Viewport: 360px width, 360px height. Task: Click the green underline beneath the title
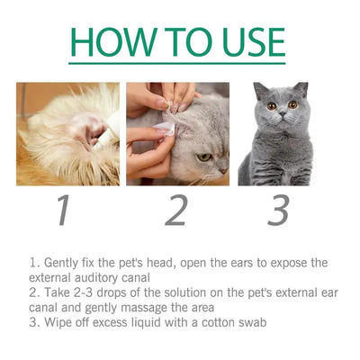179,64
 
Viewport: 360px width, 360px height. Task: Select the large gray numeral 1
62,211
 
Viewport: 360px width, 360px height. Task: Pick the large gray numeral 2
176,211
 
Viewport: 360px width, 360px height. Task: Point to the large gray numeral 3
279,211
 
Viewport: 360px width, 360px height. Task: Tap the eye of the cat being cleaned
204,156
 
